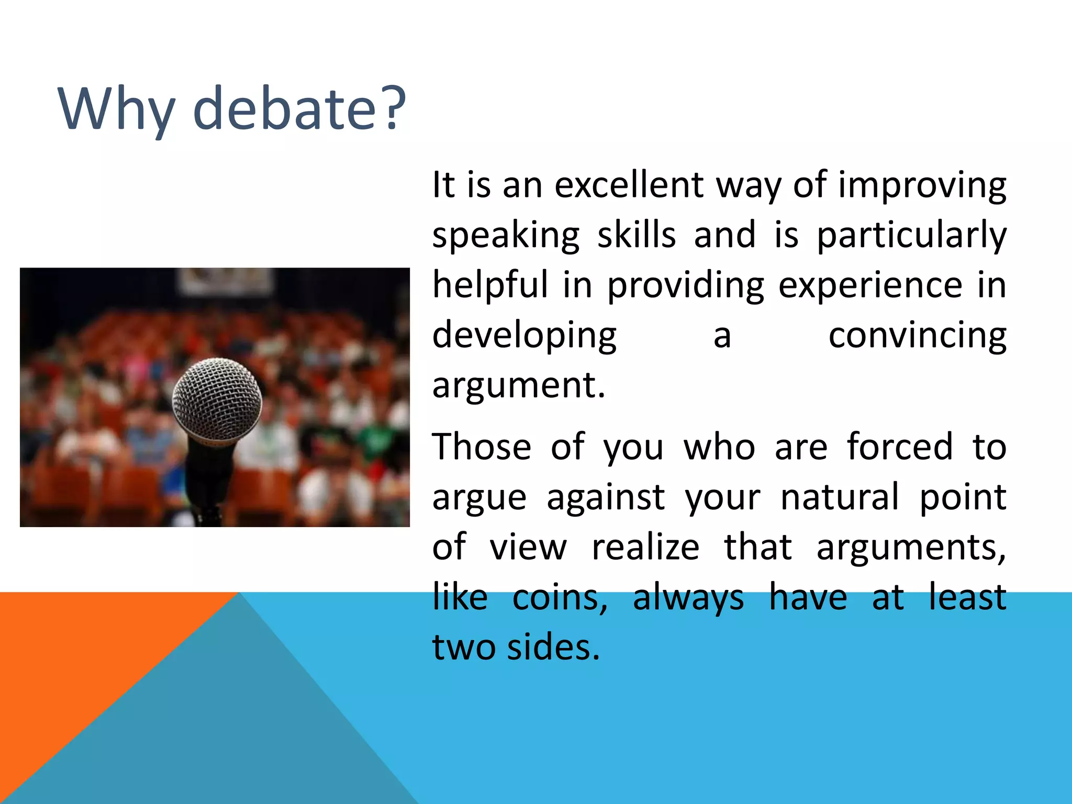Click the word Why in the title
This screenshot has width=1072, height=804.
pyautogui.click(x=116, y=109)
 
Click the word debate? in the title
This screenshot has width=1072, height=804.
pyautogui.click(x=299, y=109)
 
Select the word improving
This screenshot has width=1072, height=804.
pyautogui.click(x=922, y=186)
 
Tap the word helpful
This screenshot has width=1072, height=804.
pyautogui.click(x=490, y=286)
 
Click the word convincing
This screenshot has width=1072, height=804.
pyautogui.click(x=917, y=336)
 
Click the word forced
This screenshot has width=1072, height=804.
pyautogui.click(x=900, y=447)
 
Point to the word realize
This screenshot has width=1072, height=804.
pyautogui.click(x=645, y=548)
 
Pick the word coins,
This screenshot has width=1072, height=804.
pyautogui.click(x=560, y=598)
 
